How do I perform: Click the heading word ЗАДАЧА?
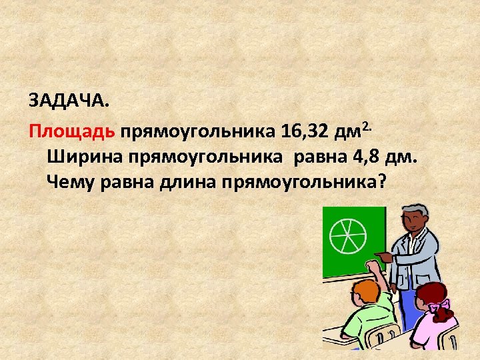coord(67,101)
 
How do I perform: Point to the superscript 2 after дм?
coord(365,124)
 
